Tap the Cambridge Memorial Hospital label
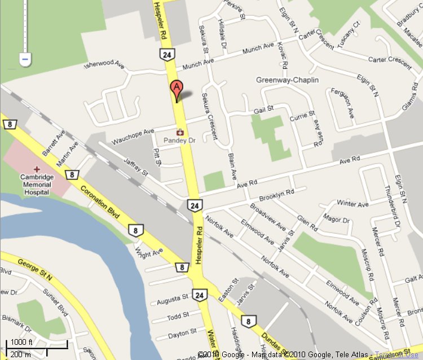tap(37, 184)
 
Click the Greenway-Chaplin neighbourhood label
tap(287, 80)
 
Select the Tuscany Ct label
tap(347, 36)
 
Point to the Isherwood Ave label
tap(103, 65)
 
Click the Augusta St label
tap(172, 297)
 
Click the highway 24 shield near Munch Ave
tap(166, 55)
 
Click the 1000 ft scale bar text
tap(22, 343)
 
